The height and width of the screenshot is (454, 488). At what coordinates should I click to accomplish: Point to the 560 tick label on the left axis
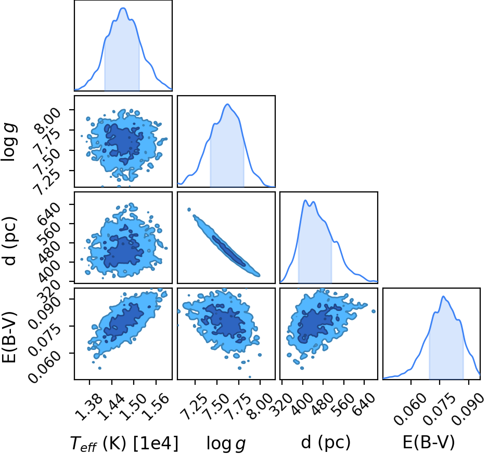tap(48, 230)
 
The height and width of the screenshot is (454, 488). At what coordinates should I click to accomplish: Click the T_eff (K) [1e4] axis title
tap(124, 443)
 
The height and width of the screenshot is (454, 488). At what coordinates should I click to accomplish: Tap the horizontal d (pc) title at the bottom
tap(326, 442)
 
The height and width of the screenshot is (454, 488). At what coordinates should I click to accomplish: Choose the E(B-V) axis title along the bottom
tap(429, 442)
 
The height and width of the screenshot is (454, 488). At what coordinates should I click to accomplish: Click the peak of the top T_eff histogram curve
tap(123, 8)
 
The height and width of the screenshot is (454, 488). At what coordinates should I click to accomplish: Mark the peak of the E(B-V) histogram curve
tap(443, 296)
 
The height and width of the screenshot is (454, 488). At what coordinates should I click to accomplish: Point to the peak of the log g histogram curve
tap(227, 104)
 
